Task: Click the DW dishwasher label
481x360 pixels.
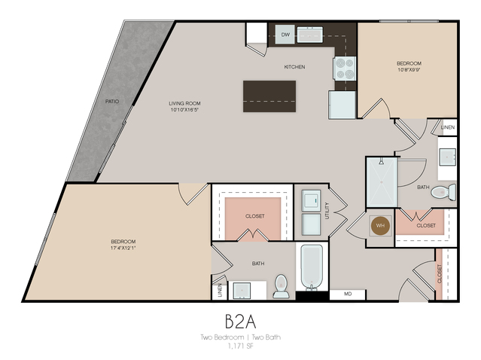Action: tap(285, 35)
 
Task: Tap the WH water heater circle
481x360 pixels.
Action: tap(381, 225)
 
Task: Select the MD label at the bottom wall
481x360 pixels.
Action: tap(348, 294)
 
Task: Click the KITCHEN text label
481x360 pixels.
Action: tap(294, 67)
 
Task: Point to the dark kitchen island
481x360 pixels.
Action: tap(269, 96)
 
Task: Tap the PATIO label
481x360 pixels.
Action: tap(112, 100)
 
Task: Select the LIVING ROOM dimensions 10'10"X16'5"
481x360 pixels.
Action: tap(184, 108)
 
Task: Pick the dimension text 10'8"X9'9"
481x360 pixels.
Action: tap(409, 71)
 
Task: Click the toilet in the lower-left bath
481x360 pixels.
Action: tap(281, 285)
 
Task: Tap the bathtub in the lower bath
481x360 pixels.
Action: tap(311, 267)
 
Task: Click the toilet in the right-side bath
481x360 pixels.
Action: tap(443, 192)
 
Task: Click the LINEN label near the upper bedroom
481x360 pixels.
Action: tap(448, 128)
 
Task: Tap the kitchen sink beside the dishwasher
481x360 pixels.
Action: tap(310, 34)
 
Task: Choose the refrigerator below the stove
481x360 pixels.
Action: tap(342, 103)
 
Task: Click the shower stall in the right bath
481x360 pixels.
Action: tap(381, 182)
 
